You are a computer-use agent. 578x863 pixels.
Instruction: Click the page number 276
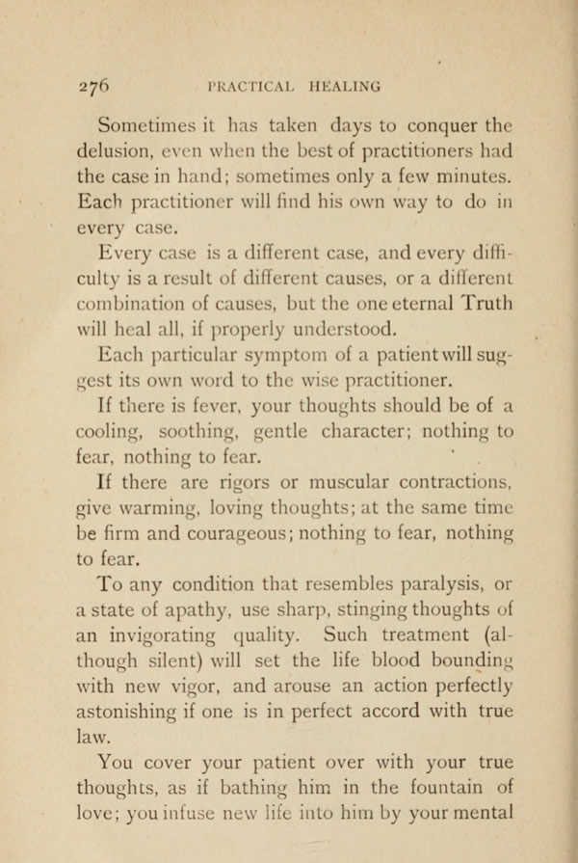click(96, 85)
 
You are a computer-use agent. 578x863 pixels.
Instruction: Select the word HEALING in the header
click(344, 86)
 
